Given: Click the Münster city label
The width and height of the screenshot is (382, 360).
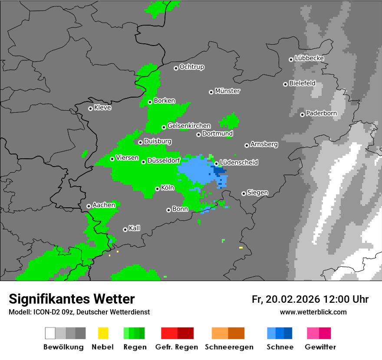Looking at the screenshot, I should click(227, 91).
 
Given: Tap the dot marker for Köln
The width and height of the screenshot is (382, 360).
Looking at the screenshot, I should click(157, 189).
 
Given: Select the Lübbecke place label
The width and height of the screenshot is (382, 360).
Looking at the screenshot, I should click(309, 58).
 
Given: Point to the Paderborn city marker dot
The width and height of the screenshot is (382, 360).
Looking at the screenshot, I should click(302, 115).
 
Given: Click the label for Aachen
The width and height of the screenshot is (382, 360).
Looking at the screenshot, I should click(104, 205).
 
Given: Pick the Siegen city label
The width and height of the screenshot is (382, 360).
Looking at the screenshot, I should click(257, 193).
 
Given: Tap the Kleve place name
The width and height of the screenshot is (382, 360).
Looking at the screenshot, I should click(102, 108).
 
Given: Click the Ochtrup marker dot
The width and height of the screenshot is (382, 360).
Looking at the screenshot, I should click(176, 68).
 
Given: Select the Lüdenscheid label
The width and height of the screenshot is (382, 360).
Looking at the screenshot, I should click(239, 163).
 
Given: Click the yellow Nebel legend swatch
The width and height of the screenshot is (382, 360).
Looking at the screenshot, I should click(103, 333).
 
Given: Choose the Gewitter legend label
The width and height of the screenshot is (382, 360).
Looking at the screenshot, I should click(320, 347).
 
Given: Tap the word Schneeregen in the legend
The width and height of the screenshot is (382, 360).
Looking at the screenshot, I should click(229, 347).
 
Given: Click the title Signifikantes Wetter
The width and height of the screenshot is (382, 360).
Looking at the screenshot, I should click(72, 299).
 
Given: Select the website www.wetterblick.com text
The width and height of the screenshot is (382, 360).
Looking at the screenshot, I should click(313, 312).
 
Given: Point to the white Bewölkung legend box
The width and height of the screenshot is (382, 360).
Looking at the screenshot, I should click(50, 333).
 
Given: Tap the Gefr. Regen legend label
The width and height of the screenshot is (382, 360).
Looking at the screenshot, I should click(177, 347).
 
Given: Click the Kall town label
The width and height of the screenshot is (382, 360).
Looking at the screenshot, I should click(135, 228).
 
